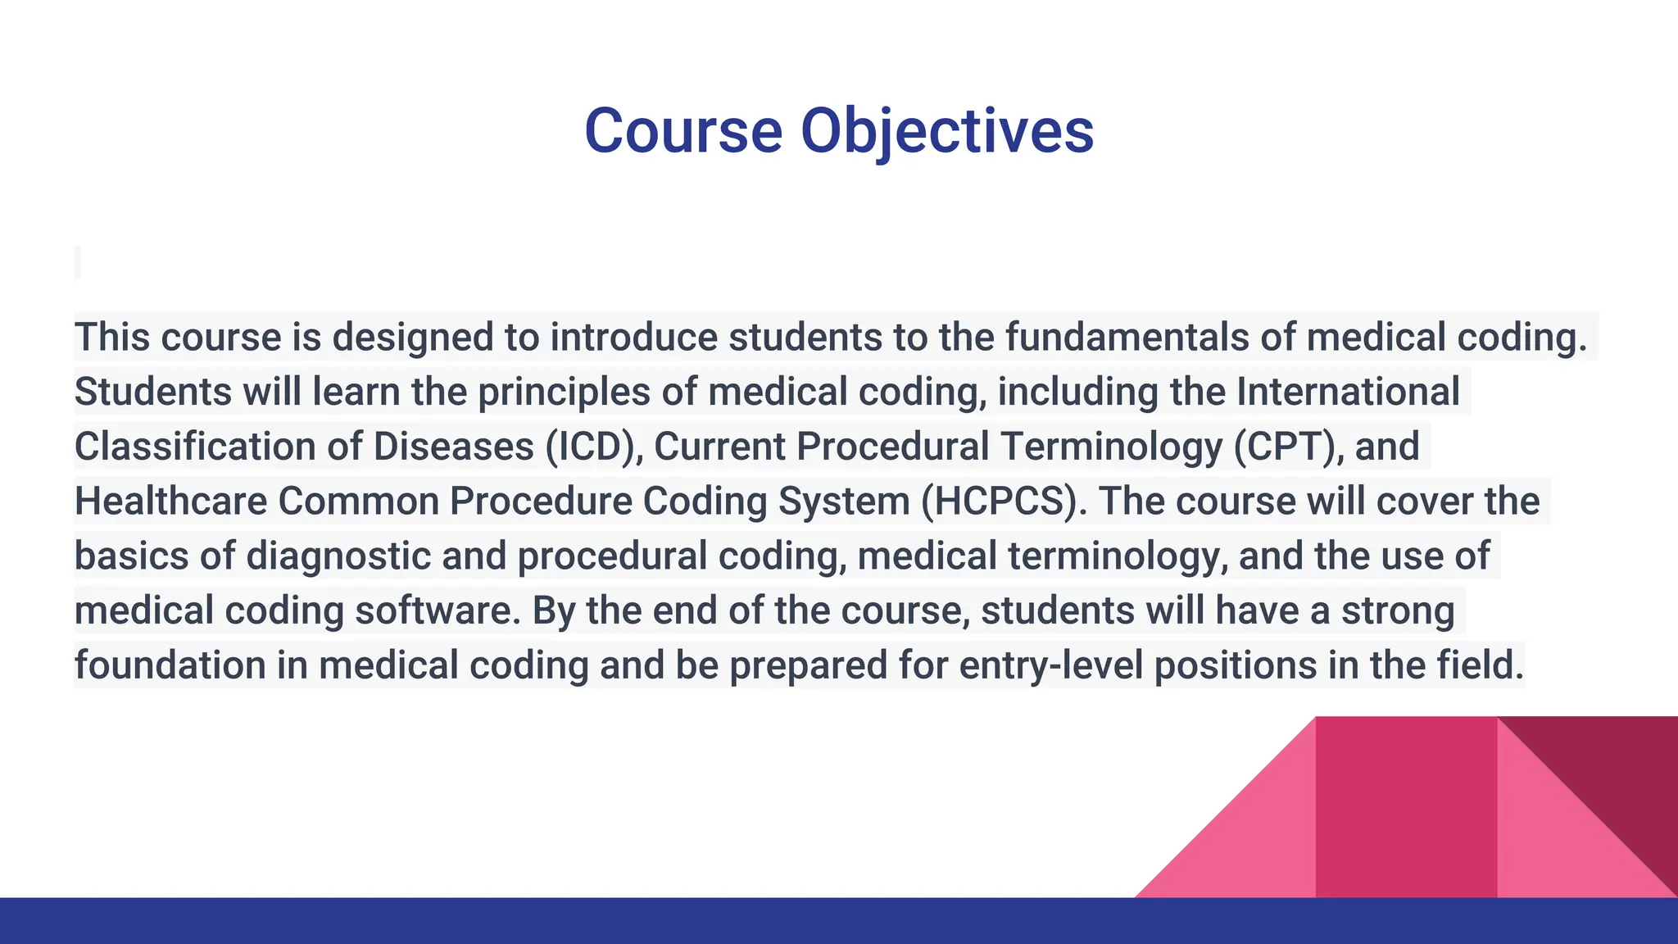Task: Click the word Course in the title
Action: point(683,131)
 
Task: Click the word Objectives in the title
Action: point(946,131)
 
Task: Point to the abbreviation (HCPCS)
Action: point(1004,501)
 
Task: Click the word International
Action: point(1348,392)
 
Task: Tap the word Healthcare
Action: point(170,501)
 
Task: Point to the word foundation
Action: point(170,665)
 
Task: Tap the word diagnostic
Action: point(338,556)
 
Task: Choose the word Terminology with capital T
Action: point(1112,447)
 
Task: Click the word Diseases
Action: point(453,447)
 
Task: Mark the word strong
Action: point(1398,610)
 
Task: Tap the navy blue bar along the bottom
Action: point(839,921)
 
